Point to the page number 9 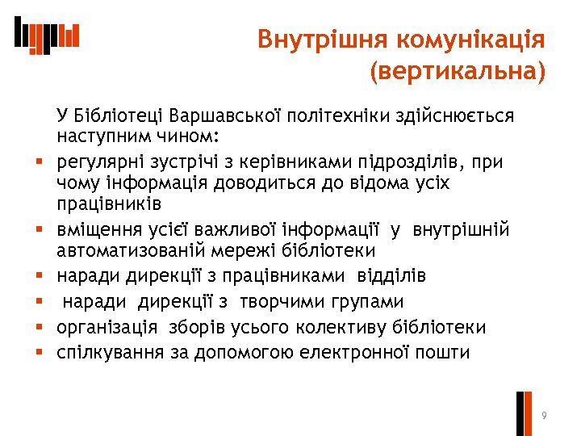pyautogui.click(x=545, y=415)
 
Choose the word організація pyautogui.click(x=109, y=328)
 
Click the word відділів pyautogui.click(x=391, y=276)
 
